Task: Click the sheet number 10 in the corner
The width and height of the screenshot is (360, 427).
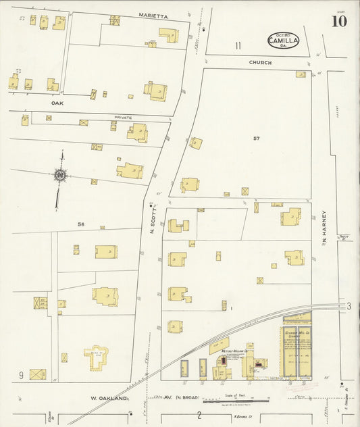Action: pos(339,20)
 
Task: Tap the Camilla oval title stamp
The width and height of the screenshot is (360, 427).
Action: pos(283,40)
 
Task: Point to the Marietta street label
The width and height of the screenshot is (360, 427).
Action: pos(153,15)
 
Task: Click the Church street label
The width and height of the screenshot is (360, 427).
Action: pos(260,63)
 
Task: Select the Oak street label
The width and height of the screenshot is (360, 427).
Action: pos(57,104)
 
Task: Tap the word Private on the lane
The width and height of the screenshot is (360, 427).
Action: pos(123,118)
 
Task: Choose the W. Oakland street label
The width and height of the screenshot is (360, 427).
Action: pos(109,399)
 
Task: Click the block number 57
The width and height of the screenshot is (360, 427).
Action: pos(256,139)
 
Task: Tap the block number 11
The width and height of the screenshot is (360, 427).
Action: pos(238,46)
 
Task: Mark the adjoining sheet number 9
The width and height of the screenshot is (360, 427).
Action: pos(22,375)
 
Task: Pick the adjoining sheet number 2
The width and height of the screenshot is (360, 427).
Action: pos(199,414)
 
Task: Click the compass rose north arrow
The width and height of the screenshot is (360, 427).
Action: pos(60,176)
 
